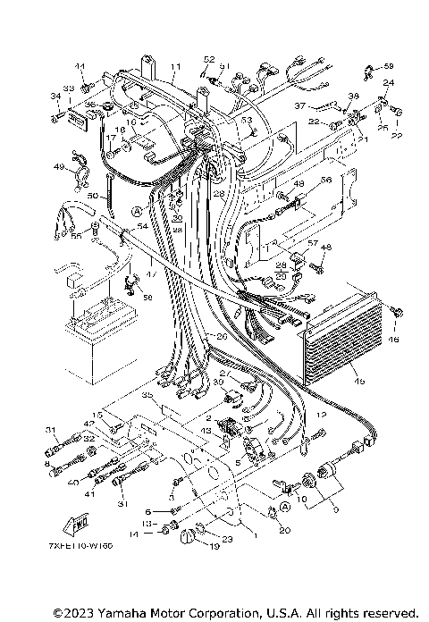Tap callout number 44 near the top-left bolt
(x=79, y=67)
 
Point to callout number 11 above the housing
(x=176, y=67)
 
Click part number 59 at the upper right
(x=388, y=66)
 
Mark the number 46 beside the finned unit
(x=394, y=340)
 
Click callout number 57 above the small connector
(x=312, y=243)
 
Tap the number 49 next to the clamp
(x=58, y=167)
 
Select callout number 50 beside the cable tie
(x=92, y=194)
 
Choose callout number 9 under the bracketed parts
(x=310, y=509)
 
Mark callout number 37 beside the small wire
(x=300, y=105)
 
